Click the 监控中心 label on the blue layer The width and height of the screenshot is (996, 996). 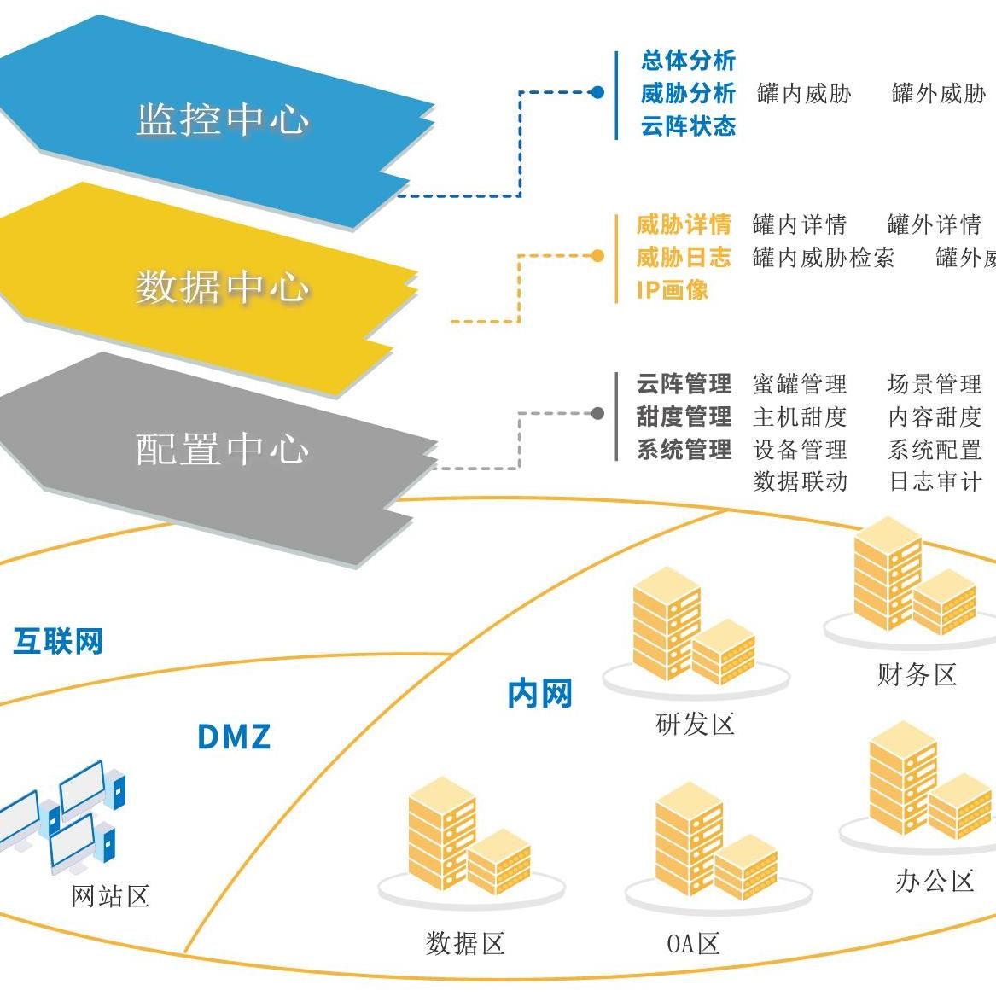[x=222, y=119]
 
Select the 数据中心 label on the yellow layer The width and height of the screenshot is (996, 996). [x=222, y=286]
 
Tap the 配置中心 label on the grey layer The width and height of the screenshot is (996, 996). [x=222, y=449]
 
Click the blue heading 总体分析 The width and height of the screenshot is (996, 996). [x=688, y=61]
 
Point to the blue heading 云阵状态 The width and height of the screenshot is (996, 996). [x=688, y=126]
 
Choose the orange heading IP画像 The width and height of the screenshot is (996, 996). [x=673, y=290]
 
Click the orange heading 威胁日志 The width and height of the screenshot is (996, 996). [x=684, y=257]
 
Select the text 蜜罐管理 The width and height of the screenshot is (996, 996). [x=800, y=384]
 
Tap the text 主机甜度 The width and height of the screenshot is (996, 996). [x=800, y=416]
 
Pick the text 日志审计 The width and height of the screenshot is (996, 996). [x=935, y=481]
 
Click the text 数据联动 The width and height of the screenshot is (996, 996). [x=800, y=481]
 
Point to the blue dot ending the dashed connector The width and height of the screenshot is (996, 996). [x=597, y=92]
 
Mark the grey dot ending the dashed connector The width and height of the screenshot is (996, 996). [x=597, y=414]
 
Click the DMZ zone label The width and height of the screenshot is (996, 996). [x=234, y=737]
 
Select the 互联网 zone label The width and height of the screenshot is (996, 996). [x=58, y=641]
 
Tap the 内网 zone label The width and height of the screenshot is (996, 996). [x=539, y=694]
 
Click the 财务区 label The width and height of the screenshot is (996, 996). [x=917, y=675]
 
